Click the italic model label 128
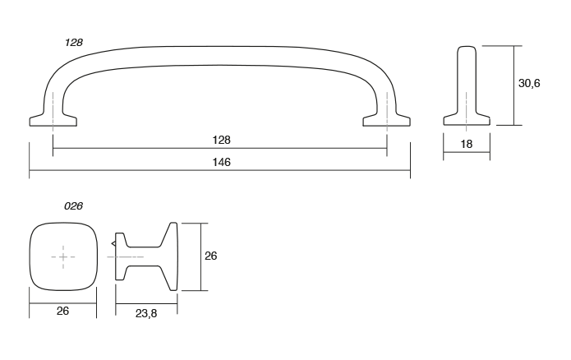[x=74, y=42]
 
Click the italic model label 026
[x=74, y=205]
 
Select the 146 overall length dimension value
[x=220, y=163]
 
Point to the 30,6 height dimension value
[x=529, y=85]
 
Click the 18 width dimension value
[x=467, y=145]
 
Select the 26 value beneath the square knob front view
[x=63, y=311]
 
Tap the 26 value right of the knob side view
[x=210, y=256]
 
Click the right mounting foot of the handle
[x=387, y=121]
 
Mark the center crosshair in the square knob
[x=63, y=257]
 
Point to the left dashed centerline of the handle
[x=53, y=107]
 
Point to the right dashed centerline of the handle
[x=387, y=107]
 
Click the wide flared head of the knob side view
[x=170, y=256]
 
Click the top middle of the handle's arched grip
[x=220, y=50]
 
